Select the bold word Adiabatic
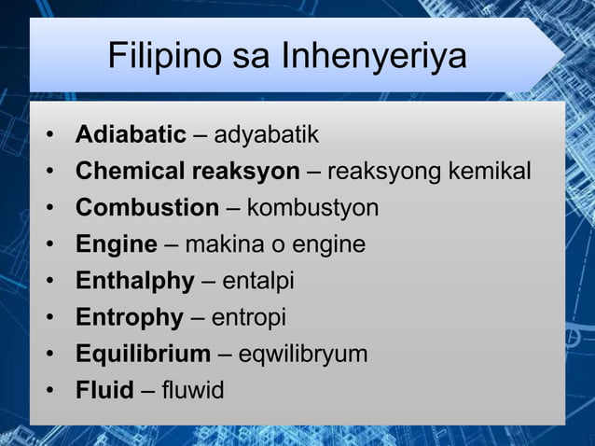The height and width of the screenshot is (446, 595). (131, 135)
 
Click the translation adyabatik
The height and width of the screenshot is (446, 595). (267, 135)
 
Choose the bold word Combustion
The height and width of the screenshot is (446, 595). (147, 208)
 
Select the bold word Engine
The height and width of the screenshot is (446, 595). (116, 244)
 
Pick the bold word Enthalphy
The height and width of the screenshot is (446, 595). (135, 281)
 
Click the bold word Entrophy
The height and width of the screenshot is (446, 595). (130, 317)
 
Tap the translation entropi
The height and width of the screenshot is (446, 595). (249, 317)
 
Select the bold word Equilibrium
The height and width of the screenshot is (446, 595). (143, 354)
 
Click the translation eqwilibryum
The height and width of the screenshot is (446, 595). (303, 354)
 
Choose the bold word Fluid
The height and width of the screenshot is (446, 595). (104, 390)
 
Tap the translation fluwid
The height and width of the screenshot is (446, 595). (192, 390)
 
